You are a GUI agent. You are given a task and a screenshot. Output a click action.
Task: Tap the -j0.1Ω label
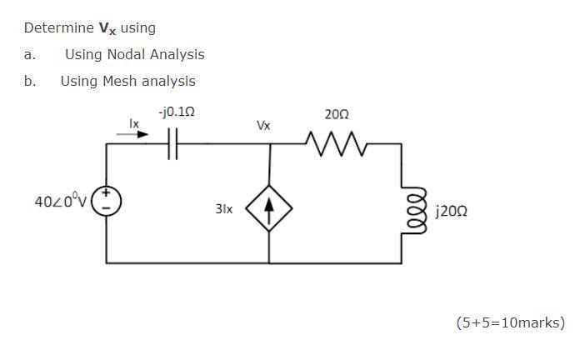coord(176,110)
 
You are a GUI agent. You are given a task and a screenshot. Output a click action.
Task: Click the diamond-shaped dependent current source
coord(270,205)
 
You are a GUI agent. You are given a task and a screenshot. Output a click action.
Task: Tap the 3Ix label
coord(223,208)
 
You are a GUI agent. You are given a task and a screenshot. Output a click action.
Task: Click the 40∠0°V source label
coord(59,202)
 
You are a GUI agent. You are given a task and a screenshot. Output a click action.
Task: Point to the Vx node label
coord(263,126)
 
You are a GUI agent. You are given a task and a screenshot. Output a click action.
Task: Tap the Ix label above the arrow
coord(132,122)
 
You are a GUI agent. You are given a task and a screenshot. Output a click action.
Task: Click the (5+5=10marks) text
coord(510,322)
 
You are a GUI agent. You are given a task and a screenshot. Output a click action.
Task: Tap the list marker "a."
coord(30,54)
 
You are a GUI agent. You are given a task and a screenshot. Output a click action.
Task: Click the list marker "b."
coord(30,81)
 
